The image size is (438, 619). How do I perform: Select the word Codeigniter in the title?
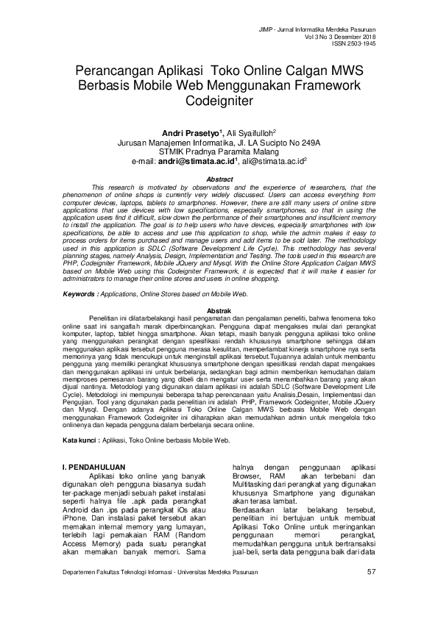(x=219, y=99)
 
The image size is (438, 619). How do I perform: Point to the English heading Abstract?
(x=219, y=179)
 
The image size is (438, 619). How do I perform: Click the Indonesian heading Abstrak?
(x=219, y=310)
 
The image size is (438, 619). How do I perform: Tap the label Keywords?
(x=80, y=293)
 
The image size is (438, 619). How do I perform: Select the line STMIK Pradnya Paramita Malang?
(x=219, y=151)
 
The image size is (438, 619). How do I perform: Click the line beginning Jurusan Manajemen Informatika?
(x=219, y=142)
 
